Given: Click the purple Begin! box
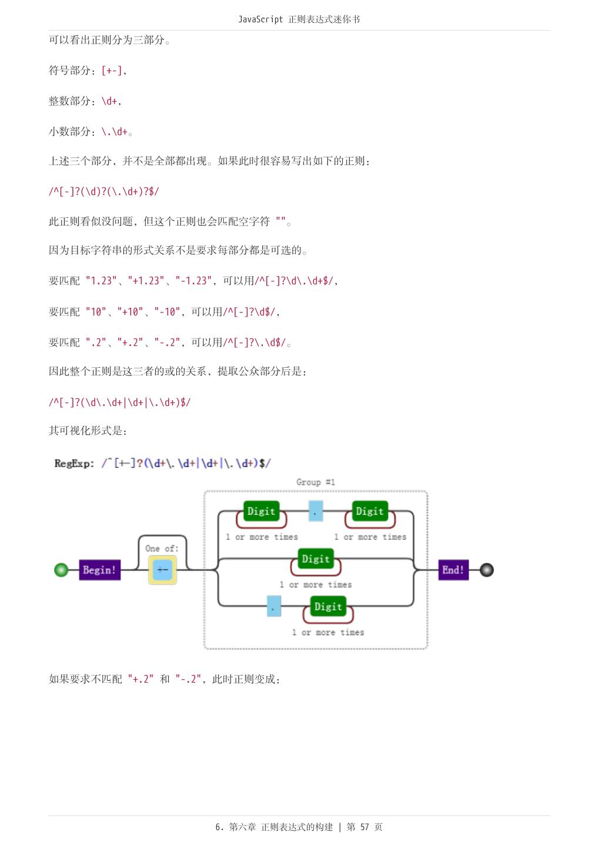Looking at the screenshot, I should tap(99, 570).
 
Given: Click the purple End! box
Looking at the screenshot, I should tap(453, 570).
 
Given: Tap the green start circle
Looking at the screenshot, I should tap(61, 570).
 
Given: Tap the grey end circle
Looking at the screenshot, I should tap(487, 570).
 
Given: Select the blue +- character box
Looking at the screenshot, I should tap(162, 570).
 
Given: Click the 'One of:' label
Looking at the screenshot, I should tap(162, 549).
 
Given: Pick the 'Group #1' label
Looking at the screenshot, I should tap(316, 482).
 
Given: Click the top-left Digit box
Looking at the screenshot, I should tap(261, 511).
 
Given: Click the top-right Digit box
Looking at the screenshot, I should tap(370, 511).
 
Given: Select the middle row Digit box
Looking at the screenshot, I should tap(316, 559).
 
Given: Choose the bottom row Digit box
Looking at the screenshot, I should tap(328, 606).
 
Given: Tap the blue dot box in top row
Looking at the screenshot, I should tap(316, 511).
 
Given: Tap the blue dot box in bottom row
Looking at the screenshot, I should tap(274, 606).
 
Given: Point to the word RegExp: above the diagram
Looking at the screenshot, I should tap(74, 464).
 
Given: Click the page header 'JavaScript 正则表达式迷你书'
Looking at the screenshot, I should tap(299, 19).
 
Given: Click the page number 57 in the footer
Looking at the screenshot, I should tap(364, 827).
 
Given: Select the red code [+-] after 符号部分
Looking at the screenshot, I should tap(112, 70).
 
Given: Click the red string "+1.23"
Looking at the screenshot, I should tap(146, 281).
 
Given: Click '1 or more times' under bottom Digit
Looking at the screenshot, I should tap(328, 633).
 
